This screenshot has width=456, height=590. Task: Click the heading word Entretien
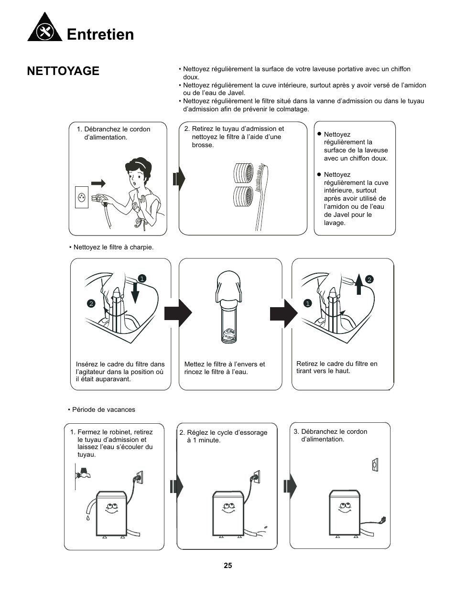tap(100, 34)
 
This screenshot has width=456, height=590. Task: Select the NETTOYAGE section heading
tap(63, 71)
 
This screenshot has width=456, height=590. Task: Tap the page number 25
tap(228, 565)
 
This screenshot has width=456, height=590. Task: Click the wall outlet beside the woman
tap(82, 197)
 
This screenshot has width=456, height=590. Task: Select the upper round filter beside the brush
tap(244, 173)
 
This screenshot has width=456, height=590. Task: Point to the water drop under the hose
tap(88, 517)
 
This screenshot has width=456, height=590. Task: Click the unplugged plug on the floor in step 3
tap(381, 520)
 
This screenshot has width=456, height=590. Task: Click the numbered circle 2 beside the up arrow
tap(369, 280)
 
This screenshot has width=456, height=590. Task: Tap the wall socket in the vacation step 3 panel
tap(375, 464)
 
